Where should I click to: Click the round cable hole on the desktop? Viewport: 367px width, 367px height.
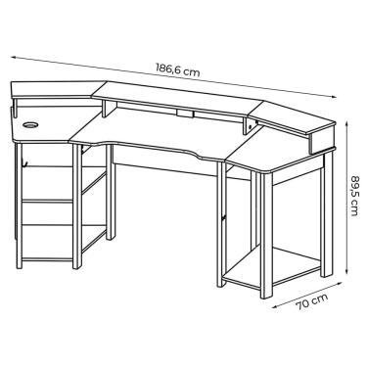tap(28, 126)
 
